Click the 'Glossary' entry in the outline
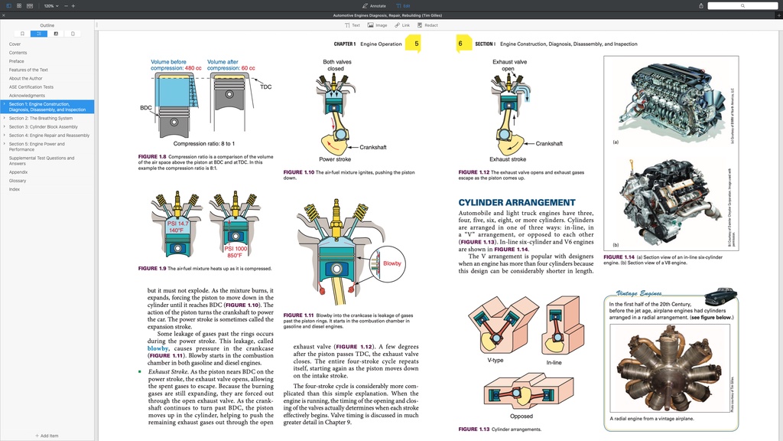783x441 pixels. coord(18,181)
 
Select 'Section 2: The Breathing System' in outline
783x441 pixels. coord(41,119)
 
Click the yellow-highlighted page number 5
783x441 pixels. coord(416,44)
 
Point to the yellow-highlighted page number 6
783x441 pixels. coord(460,44)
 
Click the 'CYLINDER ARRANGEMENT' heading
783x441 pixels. coord(517,203)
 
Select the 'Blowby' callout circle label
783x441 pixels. coord(392,263)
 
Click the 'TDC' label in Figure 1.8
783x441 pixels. coord(265,87)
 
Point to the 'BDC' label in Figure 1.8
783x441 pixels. coord(145,108)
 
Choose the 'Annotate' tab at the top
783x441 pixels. coord(375,5)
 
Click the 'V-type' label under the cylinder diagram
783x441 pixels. coord(495,360)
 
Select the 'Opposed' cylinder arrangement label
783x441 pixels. coord(521,416)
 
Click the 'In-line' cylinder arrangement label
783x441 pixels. coord(554,361)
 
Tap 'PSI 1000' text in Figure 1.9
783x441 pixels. coord(236,249)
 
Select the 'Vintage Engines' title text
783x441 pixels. coord(638,293)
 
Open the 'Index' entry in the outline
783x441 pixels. coord(15,189)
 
